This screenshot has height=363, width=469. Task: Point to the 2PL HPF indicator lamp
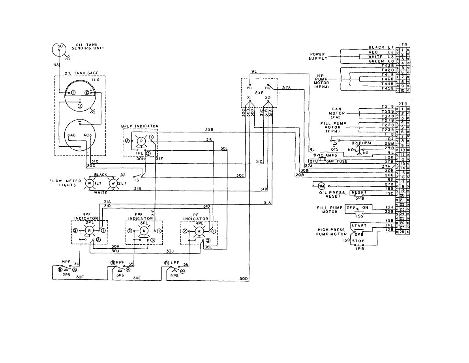point(89,231)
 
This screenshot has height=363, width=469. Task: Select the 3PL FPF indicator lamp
point(144,231)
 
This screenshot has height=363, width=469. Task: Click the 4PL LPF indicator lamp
point(199,231)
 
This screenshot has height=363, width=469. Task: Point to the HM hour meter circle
point(321,186)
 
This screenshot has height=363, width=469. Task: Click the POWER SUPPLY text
point(317,56)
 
